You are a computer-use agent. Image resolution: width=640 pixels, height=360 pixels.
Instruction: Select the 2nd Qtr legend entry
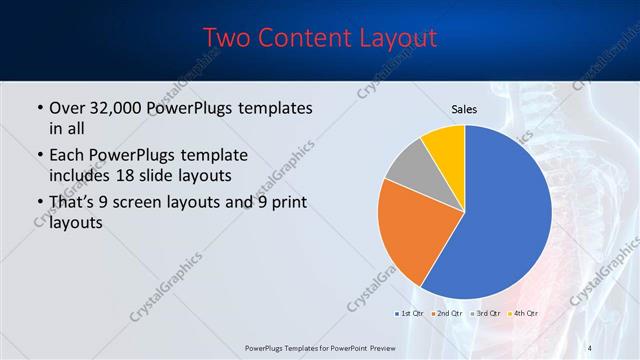tap(446, 314)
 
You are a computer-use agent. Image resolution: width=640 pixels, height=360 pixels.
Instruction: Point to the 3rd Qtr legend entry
tap(485, 314)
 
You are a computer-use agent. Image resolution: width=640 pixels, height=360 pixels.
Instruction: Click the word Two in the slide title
tap(227, 39)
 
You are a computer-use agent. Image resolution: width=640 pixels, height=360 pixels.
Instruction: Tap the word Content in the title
tap(305, 39)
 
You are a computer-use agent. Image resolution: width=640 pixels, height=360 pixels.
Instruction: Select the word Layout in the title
tap(397, 39)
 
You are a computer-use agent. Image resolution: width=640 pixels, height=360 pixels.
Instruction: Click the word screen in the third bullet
tap(162, 204)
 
